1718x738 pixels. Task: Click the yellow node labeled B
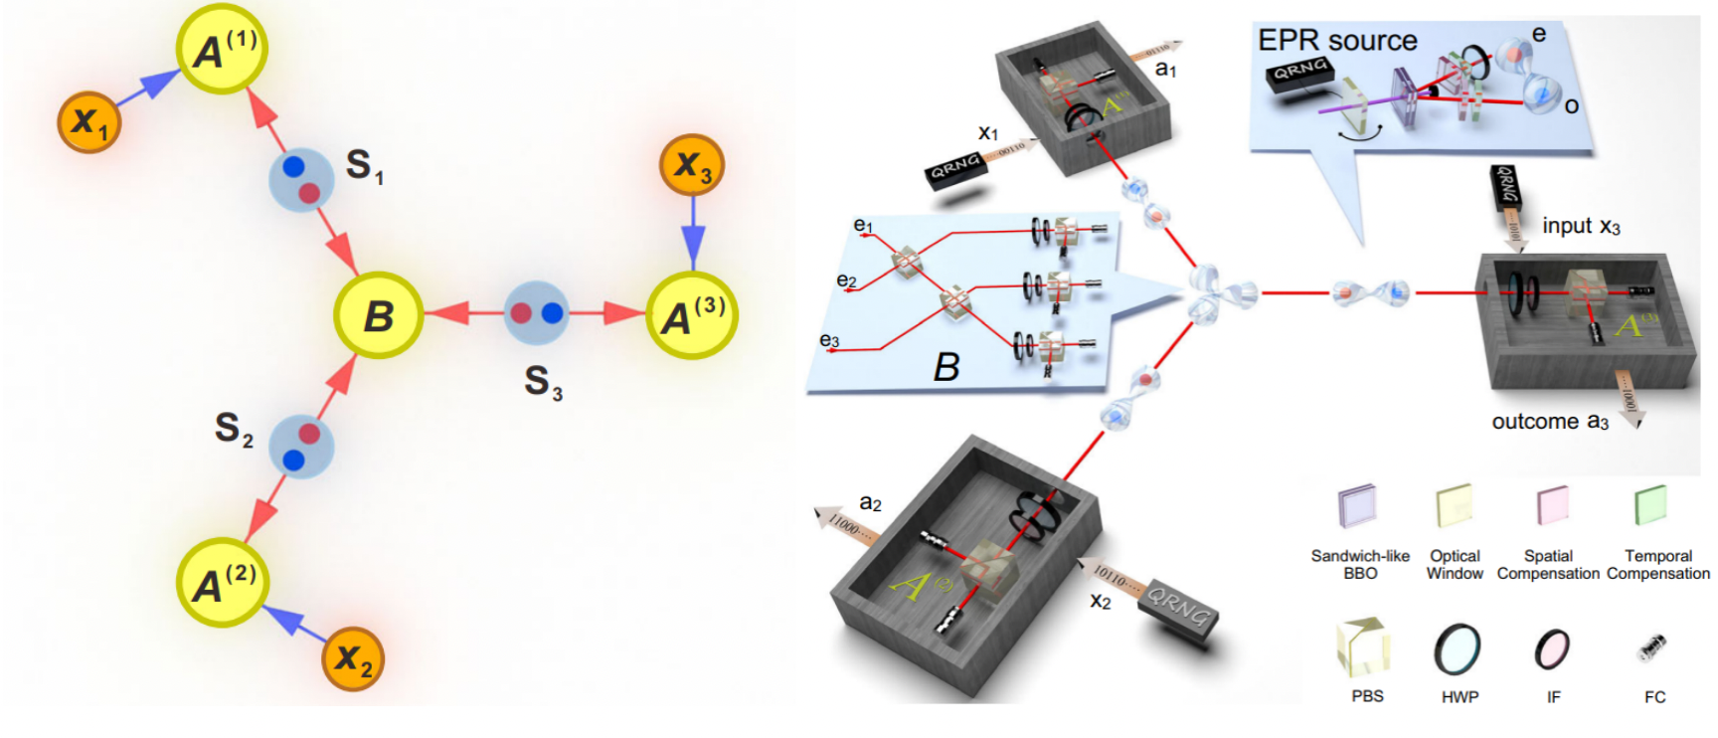click(378, 315)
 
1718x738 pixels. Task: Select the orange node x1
click(89, 121)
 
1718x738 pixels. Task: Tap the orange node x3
click(692, 165)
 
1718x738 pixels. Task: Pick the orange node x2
click(353, 657)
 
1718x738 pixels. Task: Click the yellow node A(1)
click(222, 49)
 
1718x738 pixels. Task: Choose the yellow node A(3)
click(692, 315)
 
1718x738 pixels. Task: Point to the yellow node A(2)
click(222, 583)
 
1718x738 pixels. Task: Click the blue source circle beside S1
click(301, 179)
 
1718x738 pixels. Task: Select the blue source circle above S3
click(537, 313)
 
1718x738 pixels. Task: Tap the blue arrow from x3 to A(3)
click(693, 236)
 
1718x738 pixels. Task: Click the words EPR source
click(1337, 41)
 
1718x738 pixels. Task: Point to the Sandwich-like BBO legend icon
click(1358, 505)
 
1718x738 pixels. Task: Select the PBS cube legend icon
click(1363, 646)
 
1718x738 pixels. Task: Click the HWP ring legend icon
click(1458, 648)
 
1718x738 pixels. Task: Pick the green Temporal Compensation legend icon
click(1650, 504)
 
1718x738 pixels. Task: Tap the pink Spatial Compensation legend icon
click(1551, 505)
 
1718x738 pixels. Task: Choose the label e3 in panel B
click(829, 341)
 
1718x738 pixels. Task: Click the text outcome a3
click(1550, 422)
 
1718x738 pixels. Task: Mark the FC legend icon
click(1652, 648)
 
